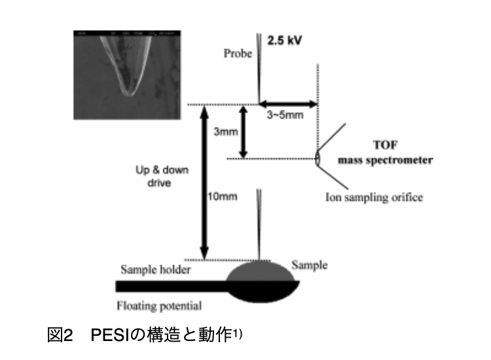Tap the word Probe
tap(237, 54)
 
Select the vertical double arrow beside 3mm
tap(244, 132)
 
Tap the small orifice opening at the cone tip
tap(318, 158)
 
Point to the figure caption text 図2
tap(63, 336)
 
